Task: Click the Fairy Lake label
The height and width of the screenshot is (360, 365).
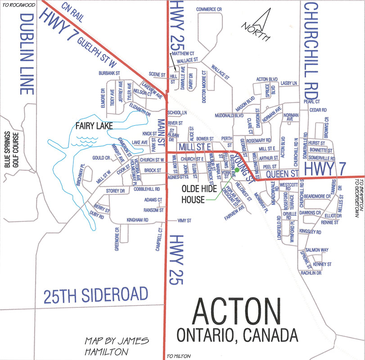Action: [94, 126]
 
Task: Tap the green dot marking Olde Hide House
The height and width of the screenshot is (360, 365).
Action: [237, 171]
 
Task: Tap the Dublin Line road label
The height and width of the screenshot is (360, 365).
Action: [27, 54]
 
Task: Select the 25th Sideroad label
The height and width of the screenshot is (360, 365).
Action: [95, 295]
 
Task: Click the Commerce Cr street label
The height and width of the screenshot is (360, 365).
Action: [209, 9]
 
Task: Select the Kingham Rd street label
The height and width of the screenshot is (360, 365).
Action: [138, 220]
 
